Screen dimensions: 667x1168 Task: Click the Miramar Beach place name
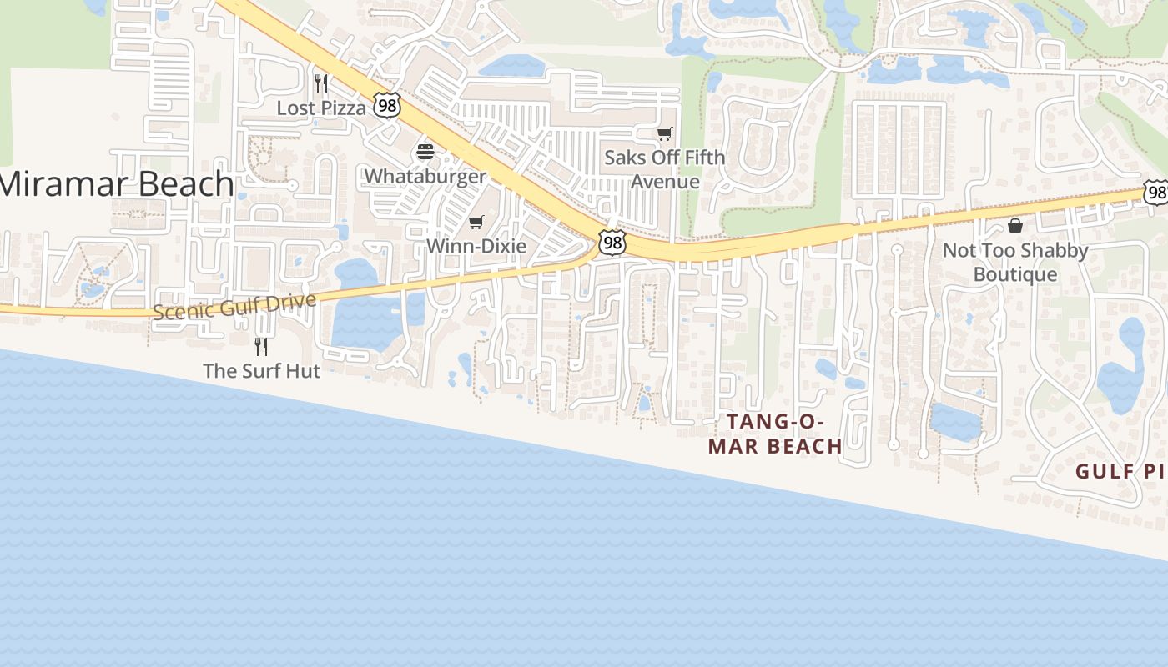117,183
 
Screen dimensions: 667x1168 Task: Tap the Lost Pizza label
321,108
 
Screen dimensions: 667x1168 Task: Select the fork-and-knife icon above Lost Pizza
321,83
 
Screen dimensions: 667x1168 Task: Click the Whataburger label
425,176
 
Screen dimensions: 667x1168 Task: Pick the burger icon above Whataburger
425,152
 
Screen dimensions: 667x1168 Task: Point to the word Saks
624,157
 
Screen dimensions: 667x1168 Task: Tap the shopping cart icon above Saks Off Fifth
665,133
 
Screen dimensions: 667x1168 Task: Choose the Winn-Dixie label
476,246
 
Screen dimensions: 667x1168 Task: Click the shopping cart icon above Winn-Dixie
476,222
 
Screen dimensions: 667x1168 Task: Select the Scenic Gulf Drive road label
234,306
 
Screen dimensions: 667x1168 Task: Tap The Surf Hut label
261,370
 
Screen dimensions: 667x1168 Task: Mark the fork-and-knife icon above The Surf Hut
261,345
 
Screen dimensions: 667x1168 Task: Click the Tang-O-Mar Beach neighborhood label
775,434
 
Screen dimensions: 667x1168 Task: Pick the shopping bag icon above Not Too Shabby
1015,226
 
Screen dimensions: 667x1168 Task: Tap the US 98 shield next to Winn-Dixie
612,243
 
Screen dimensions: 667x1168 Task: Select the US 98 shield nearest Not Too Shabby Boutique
1156,193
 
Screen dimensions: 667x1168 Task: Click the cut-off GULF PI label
1119,472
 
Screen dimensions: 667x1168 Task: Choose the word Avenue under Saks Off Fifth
665,181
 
